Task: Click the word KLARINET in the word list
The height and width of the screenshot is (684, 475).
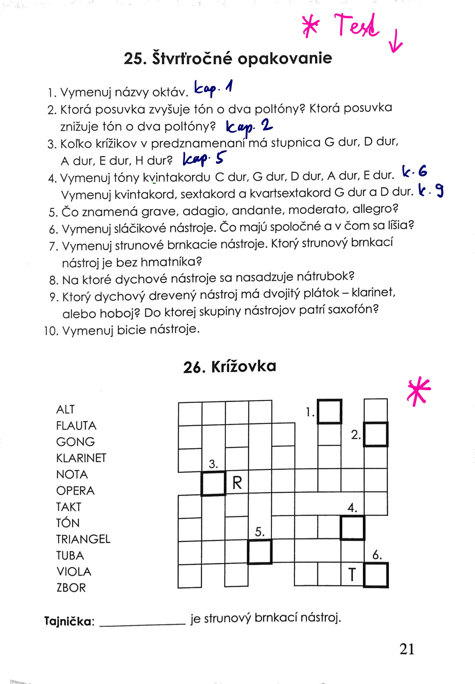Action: pyautogui.click(x=81, y=458)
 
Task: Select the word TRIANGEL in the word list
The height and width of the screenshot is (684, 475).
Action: pyautogui.click(x=83, y=539)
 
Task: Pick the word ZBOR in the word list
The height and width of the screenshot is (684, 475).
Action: pyautogui.click(x=71, y=588)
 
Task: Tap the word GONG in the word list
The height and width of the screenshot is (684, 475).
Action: pyautogui.click(x=76, y=442)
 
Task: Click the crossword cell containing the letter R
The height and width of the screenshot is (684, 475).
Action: pyautogui.click(x=237, y=483)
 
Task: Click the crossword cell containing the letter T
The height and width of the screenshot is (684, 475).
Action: pyautogui.click(x=352, y=574)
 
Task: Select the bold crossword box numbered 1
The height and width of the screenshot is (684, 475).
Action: pyautogui.click(x=329, y=412)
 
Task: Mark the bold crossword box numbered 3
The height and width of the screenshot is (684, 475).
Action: pyautogui.click(x=214, y=483)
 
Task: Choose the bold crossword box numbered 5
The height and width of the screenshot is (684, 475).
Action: pyautogui.click(x=260, y=552)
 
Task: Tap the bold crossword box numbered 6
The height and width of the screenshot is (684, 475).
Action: pyautogui.click(x=376, y=575)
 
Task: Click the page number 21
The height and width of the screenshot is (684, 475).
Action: pyautogui.click(x=407, y=649)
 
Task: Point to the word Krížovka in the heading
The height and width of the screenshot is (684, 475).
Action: pyautogui.click(x=244, y=367)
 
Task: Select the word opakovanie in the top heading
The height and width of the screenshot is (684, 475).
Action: pyautogui.click(x=285, y=59)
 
